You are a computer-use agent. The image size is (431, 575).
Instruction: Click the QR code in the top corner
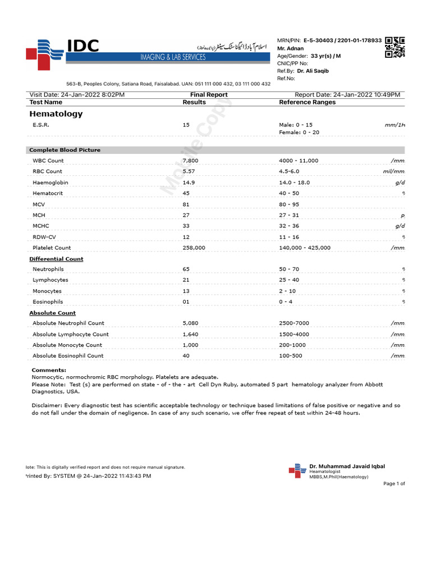(x=395, y=47)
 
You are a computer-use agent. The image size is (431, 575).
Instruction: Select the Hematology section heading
(x=56, y=114)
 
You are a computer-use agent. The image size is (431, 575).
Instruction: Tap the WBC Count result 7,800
(x=192, y=161)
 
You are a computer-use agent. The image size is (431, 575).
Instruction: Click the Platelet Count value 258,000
(x=194, y=247)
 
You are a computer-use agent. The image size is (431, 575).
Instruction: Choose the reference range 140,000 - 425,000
(x=305, y=247)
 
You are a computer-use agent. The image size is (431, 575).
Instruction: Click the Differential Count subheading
(x=56, y=259)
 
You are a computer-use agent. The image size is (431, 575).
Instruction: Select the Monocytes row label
(x=47, y=291)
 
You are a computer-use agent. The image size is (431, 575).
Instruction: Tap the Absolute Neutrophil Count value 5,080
(x=191, y=323)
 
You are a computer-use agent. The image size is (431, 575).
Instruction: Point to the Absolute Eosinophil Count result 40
(x=186, y=355)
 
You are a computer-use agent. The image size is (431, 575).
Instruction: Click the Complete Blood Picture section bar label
(x=65, y=150)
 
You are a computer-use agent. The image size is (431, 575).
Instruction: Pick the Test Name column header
(x=45, y=102)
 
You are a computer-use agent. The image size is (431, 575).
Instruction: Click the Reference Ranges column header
(x=307, y=102)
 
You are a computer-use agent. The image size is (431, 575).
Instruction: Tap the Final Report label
(x=209, y=95)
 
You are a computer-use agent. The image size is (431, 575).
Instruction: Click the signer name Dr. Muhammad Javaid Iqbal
(x=347, y=466)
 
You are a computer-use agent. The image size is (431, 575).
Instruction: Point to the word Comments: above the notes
(x=49, y=370)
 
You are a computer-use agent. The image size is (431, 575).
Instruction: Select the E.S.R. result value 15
(x=186, y=125)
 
